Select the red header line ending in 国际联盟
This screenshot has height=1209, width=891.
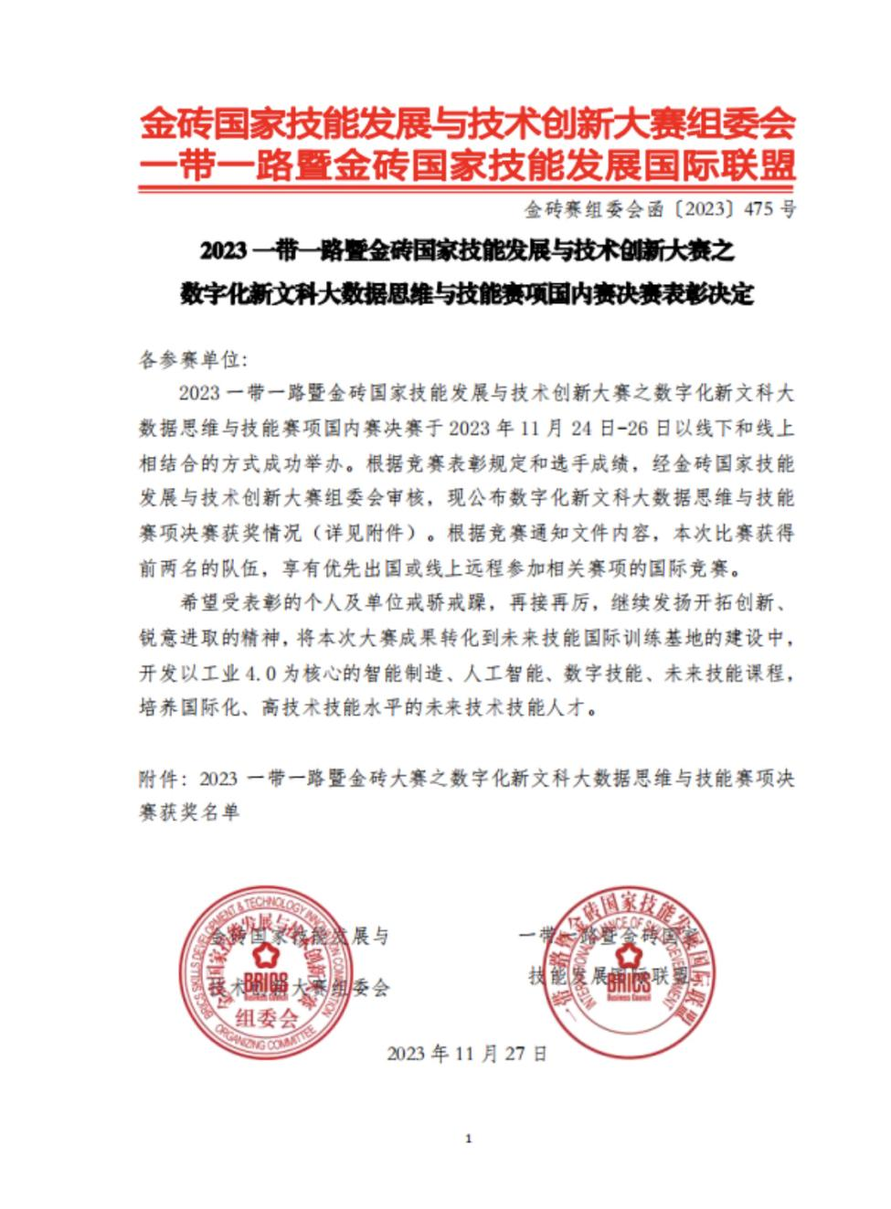(467, 166)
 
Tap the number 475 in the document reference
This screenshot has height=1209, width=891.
(758, 209)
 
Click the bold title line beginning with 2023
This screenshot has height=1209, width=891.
(467, 249)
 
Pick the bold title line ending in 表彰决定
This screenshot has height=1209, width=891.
(467, 295)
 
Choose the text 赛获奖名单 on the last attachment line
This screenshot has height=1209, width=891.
(189, 811)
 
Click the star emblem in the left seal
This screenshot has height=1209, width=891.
(265, 956)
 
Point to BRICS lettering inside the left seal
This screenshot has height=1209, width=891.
(266, 983)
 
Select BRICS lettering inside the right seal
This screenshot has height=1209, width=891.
(628, 981)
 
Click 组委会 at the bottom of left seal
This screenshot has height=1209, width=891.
(266, 1017)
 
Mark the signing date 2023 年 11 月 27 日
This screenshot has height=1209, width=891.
(467, 1053)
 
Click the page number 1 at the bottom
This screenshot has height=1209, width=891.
(468, 1139)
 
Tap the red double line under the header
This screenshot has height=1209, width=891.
(467, 189)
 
